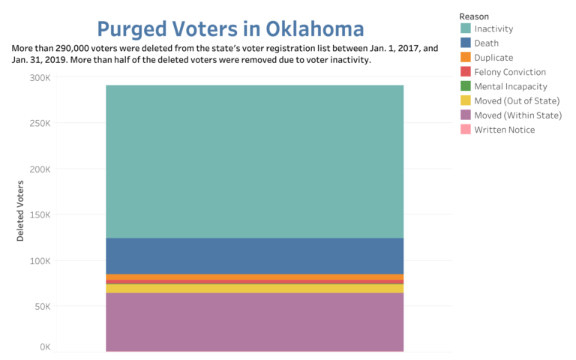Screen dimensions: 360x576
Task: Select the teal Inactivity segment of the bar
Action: tap(254, 161)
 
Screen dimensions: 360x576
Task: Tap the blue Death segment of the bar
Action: tap(254, 256)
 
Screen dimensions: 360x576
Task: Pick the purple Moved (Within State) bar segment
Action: tap(254, 321)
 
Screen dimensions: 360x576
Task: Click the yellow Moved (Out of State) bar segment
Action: tap(254, 288)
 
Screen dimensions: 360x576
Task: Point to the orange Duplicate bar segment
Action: tap(254, 277)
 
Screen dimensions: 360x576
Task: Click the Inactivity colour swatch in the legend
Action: tap(465, 29)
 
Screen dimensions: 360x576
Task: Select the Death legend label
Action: tap(487, 43)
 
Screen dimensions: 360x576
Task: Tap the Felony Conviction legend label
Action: tap(510, 72)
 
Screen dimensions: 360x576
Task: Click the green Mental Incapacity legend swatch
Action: tap(465, 86)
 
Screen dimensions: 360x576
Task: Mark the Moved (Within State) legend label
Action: tap(517, 115)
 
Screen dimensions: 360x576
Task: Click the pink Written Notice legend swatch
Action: tap(465, 130)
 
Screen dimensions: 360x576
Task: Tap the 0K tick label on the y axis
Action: tap(44, 347)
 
